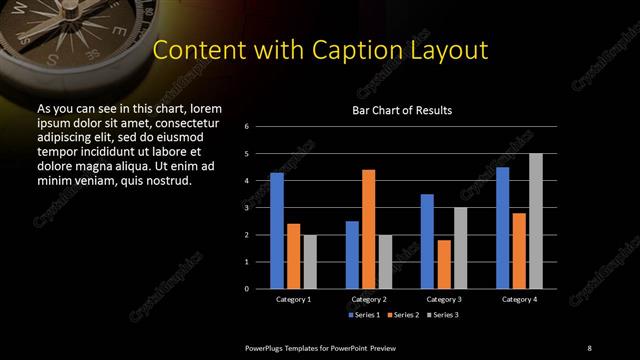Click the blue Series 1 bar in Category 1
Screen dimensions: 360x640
coord(277,230)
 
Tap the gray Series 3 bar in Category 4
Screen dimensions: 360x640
coord(536,220)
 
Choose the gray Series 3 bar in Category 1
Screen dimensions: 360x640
coord(310,261)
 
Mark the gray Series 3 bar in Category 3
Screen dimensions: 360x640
coord(461,247)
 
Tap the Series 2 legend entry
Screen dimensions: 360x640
coord(402,315)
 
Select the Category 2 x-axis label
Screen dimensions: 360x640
coord(369,299)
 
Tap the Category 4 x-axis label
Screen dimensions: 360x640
coord(519,299)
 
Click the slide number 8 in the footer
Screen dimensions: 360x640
coord(589,347)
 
